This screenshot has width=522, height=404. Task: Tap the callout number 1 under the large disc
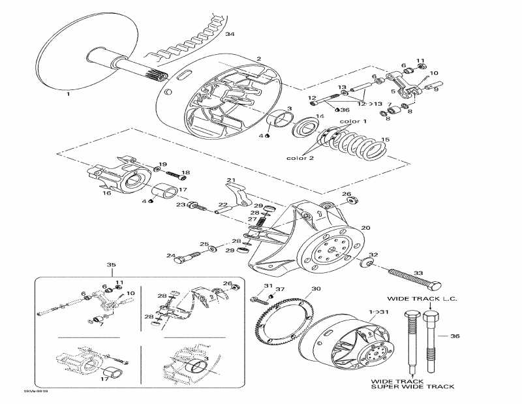67,94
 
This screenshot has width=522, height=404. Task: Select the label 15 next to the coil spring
386,139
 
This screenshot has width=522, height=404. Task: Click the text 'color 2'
299,158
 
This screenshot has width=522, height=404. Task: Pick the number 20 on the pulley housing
365,227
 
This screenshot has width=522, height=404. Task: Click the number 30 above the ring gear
316,288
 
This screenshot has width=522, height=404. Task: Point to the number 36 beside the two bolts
455,336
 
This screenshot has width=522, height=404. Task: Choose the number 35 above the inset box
111,264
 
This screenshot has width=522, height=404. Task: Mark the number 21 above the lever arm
230,179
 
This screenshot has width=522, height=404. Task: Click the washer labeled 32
366,264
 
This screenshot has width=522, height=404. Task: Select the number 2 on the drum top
258,59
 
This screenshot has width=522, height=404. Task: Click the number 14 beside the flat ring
319,116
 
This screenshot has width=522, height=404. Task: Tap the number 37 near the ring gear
279,289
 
